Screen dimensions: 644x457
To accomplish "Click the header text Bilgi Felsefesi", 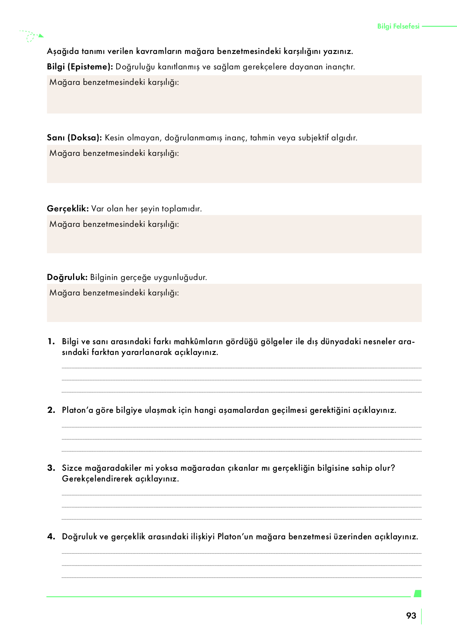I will point(398,27).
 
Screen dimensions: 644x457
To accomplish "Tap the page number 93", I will point(411,616).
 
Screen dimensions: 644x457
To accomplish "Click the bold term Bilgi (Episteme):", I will point(80,67).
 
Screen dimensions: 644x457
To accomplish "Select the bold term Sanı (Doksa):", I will point(75,138).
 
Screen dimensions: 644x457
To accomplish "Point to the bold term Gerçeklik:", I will point(68,209).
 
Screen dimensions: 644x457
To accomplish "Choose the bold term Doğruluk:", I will point(67,277).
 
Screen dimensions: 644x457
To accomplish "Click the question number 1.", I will point(50,342).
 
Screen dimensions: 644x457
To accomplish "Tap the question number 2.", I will point(51,410).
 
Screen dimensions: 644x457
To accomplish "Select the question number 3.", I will point(51,468).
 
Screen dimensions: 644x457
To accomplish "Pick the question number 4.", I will point(51,537).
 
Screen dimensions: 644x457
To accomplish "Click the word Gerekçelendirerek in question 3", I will point(97,479).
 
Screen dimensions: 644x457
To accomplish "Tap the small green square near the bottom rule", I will point(417,594).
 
